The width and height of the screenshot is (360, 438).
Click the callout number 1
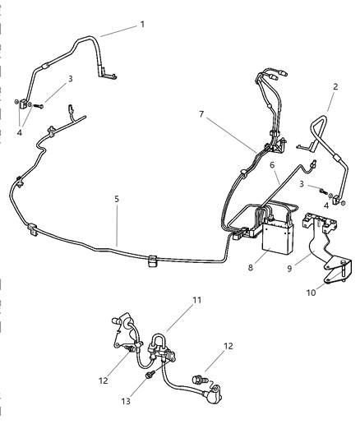click(142, 25)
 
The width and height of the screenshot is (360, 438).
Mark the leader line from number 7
click(232, 133)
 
